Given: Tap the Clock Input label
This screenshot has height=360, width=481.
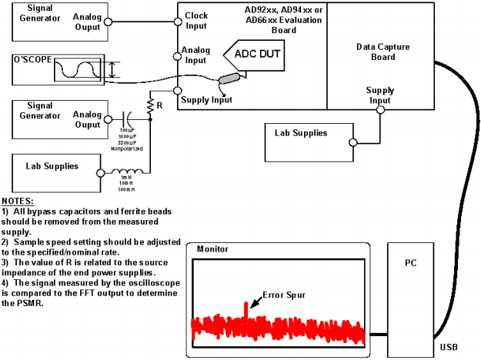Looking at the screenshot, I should (x=197, y=21).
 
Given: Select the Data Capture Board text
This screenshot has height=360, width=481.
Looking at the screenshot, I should (x=382, y=52).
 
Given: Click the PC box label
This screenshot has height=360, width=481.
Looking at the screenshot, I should (x=410, y=262).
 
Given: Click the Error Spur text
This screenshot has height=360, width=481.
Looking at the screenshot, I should (x=282, y=292).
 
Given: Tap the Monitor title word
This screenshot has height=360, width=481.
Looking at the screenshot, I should (x=212, y=249).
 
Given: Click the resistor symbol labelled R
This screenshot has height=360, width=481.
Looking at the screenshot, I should (x=150, y=108).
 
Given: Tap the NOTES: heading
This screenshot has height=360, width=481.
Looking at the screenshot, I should (x=19, y=201).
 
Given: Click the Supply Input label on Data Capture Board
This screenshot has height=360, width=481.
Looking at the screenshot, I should (x=379, y=96).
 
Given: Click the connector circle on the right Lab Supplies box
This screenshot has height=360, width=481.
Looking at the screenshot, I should (x=351, y=142).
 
